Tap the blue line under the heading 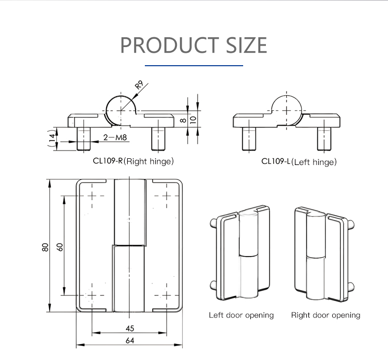(x=194, y=66)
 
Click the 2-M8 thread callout (x=115, y=137)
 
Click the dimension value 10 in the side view (x=193, y=119)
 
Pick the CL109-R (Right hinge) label (x=133, y=161)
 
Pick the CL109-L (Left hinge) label (x=299, y=161)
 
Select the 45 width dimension (x=130, y=328)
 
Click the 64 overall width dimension (x=130, y=340)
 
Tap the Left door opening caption (x=241, y=315)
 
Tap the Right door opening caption (x=325, y=315)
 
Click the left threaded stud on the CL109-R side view (x=83, y=138)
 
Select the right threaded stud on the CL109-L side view (x=324, y=138)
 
